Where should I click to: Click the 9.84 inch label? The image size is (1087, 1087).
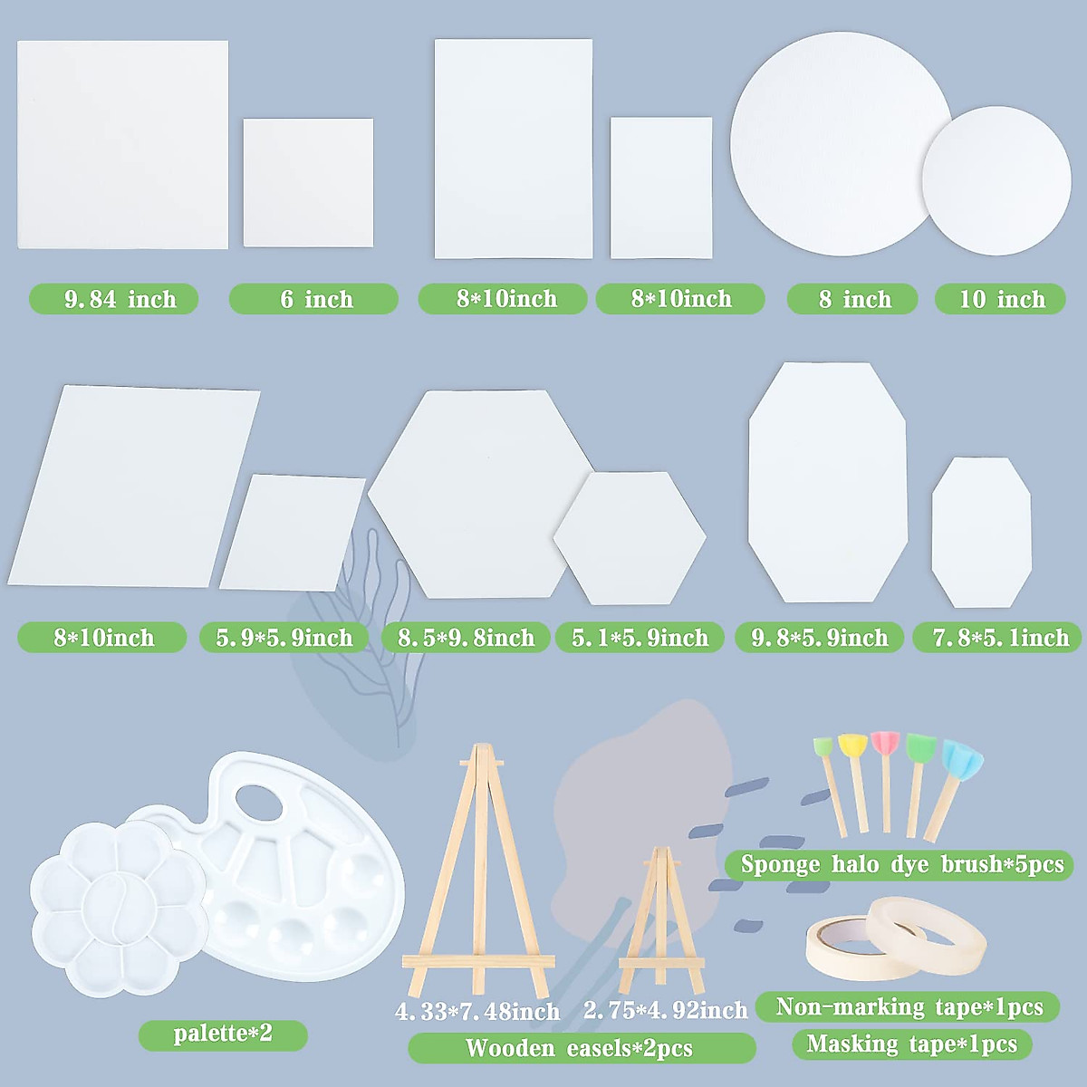point(114,299)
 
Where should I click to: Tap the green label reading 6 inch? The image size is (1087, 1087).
point(313,299)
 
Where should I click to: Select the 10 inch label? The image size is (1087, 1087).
point(1000,299)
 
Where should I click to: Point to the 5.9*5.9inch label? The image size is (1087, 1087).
point(284,638)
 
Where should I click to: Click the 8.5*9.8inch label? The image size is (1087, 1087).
point(466,638)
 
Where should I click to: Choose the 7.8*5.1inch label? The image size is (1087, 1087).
point(998,638)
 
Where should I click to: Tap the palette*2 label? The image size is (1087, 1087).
point(223,1034)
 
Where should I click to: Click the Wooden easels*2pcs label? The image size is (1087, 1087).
point(581,1048)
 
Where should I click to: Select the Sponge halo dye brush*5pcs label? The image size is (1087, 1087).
point(900,864)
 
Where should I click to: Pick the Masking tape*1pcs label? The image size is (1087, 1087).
point(911,1044)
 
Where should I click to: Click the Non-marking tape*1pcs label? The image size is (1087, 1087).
point(908,1006)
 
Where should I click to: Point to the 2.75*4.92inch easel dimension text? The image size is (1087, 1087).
point(666,1010)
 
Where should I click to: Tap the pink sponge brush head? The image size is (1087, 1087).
point(885,745)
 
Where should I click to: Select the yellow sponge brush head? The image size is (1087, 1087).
point(852,746)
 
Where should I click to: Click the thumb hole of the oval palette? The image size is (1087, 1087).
point(260,803)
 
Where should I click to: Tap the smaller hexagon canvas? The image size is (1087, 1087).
point(630,537)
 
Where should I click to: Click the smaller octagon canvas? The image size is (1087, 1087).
point(981,533)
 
